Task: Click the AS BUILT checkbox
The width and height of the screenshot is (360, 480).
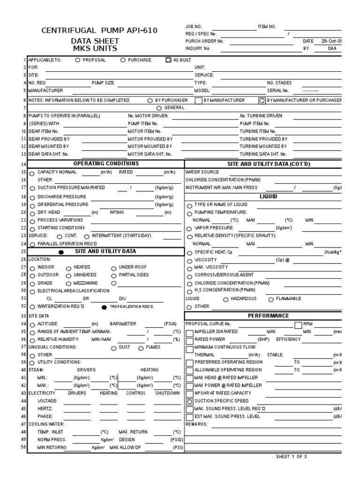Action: tap(169, 60)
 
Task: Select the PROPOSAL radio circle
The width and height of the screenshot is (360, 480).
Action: tap(77, 60)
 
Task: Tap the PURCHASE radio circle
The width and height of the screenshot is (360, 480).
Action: tap(123, 60)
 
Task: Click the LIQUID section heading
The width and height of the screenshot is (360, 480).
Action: tap(268, 196)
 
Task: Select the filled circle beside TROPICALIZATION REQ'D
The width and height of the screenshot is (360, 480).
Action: tap(104, 307)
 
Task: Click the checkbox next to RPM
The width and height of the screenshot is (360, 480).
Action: tap(298, 324)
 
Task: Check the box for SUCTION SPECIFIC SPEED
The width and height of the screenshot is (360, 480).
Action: tap(189, 402)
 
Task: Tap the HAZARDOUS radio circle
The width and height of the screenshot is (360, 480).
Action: tap(226, 299)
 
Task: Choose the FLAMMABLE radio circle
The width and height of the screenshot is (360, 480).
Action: tap(271, 299)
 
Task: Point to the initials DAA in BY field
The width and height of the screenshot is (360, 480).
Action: tap(332, 48)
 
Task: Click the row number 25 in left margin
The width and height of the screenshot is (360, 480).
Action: tap(24, 252)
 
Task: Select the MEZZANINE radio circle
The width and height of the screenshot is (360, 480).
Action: tap(68, 284)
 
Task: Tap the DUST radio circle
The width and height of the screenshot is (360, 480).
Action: tap(114, 348)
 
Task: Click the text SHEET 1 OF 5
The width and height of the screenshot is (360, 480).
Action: tap(292, 457)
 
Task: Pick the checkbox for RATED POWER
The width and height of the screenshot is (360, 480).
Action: tap(189, 339)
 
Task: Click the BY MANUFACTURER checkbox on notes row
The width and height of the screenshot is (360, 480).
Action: tap(199, 100)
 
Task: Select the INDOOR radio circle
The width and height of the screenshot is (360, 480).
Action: tap(32, 268)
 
